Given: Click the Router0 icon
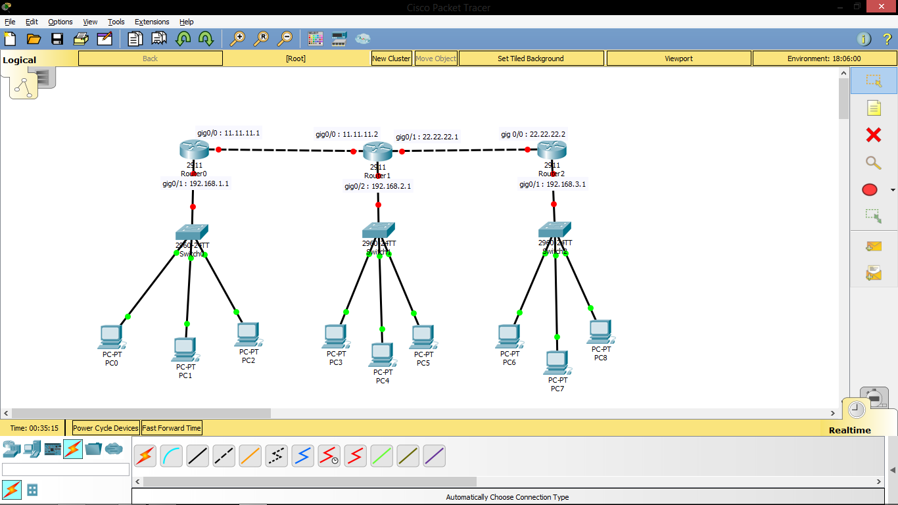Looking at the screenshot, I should (193, 149).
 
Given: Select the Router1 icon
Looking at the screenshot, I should (377, 151).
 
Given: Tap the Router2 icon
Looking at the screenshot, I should (552, 150).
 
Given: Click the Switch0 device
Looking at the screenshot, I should (191, 231).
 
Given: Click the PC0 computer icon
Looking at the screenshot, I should (111, 337).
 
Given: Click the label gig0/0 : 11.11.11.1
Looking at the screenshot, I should (229, 133).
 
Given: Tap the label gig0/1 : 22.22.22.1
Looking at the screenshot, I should (427, 137).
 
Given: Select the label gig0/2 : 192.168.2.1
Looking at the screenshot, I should (378, 186).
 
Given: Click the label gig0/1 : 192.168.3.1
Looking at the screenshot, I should (552, 184).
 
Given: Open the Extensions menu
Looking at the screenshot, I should (152, 22).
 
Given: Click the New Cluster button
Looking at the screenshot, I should (391, 59).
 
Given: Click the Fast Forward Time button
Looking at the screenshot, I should (172, 428).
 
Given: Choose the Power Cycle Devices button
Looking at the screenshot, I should (106, 428).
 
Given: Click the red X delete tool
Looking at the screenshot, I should (873, 135).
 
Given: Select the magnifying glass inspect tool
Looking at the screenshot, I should (873, 162).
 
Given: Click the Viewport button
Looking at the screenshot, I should (678, 59).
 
